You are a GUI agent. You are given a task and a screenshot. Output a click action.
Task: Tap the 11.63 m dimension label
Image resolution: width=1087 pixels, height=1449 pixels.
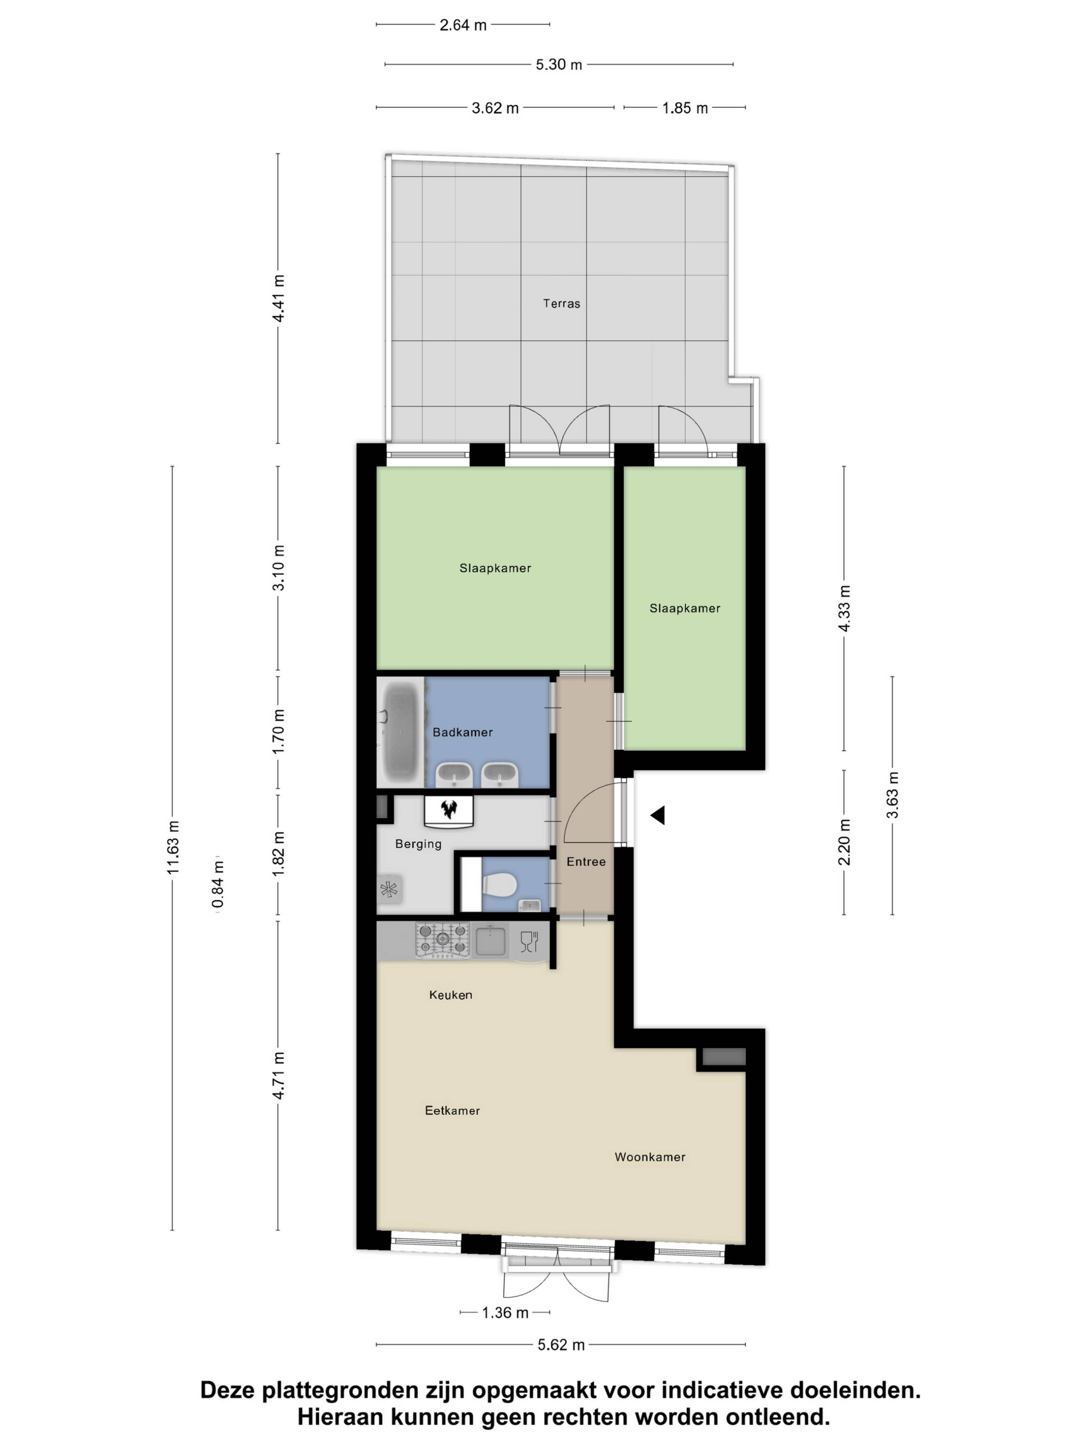(x=173, y=848)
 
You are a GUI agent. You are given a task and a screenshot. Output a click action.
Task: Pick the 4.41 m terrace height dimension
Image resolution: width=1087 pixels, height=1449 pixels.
(x=279, y=298)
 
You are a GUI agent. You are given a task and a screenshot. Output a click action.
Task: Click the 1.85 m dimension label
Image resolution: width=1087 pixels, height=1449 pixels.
(x=685, y=108)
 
